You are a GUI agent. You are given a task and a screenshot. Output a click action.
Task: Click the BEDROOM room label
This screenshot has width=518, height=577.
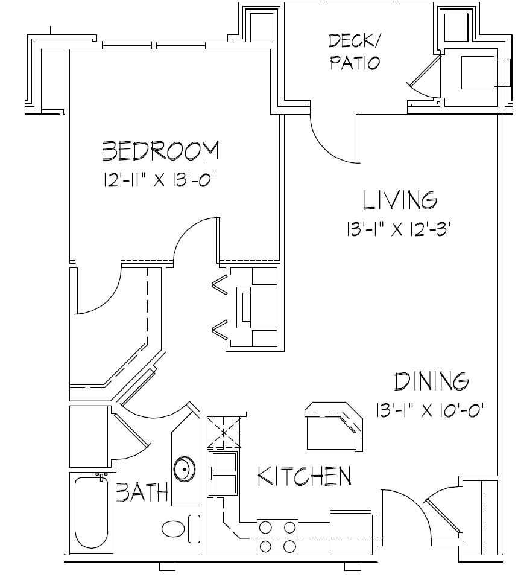[x=160, y=151]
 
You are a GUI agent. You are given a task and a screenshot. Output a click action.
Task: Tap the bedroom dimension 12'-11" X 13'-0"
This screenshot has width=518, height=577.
[x=160, y=180]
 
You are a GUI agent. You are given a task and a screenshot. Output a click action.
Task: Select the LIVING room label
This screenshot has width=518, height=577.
[x=399, y=200]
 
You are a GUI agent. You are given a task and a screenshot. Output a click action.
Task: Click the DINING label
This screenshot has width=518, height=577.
[x=431, y=382]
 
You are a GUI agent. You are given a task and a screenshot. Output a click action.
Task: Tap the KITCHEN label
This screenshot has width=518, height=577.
[x=305, y=477]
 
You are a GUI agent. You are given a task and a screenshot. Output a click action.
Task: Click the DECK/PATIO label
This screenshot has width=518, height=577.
[x=355, y=52]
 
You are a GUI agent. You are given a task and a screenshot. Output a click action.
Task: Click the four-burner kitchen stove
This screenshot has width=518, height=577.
[x=277, y=537]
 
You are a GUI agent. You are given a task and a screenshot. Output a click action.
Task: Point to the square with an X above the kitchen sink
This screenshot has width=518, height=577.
[x=224, y=433]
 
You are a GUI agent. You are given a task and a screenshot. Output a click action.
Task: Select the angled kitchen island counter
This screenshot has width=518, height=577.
[x=333, y=427]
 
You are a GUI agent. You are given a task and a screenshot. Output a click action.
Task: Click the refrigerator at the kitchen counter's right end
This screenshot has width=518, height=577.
[x=353, y=532]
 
